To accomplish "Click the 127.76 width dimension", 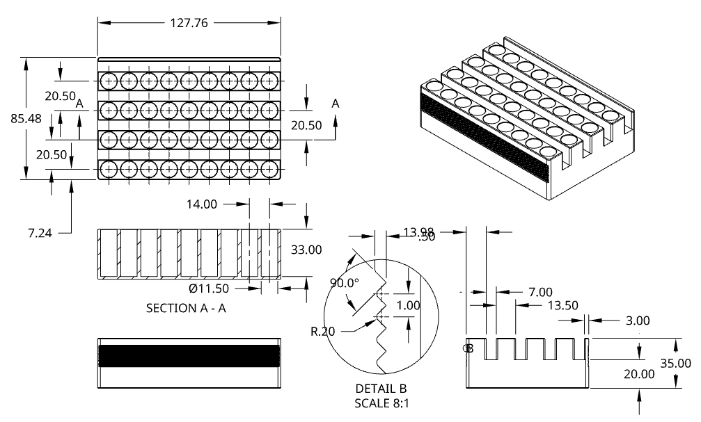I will [x=189, y=22].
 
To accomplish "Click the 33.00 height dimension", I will [x=306, y=250].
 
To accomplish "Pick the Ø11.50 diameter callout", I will [x=210, y=287].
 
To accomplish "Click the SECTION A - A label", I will [x=186, y=308].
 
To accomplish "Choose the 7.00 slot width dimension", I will [x=540, y=292].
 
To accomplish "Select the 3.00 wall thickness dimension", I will [x=638, y=320].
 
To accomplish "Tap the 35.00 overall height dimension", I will [x=675, y=363].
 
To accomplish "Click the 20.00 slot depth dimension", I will [x=639, y=373].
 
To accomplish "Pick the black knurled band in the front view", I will [x=189, y=355].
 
